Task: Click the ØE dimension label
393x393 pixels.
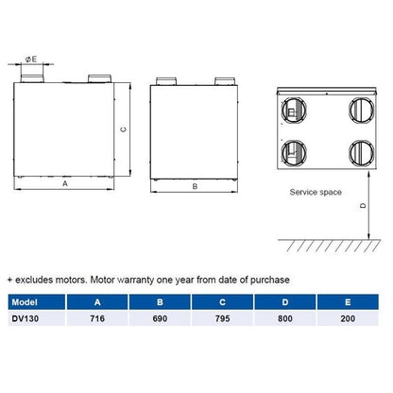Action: (32, 59)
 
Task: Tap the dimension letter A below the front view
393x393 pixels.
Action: (65, 185)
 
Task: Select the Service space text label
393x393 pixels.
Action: (316, 192)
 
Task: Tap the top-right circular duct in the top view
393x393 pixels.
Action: (360, 107)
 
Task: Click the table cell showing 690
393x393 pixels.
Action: (159, 319)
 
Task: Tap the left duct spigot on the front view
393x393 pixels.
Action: (36, 76)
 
